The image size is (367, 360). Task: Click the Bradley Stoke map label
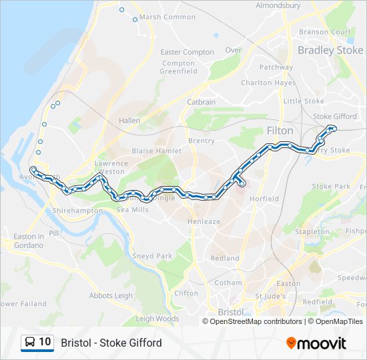point(330,50)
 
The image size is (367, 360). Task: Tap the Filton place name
point(280,131)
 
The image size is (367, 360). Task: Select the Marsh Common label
point(168,17)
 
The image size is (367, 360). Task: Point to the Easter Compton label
point(188,52)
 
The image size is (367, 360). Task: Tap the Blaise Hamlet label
point(157,151)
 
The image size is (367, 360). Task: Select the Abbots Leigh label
point(111,296)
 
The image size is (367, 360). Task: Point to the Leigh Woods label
point(157,319)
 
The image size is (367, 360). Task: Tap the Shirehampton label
point(77,211)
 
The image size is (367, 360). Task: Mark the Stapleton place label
point(312,231)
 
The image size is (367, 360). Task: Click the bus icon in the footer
point(29,343)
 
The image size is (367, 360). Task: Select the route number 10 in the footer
point(45,342)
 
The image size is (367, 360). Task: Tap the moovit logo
point(316,343)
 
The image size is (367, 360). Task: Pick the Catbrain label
point(201,102)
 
